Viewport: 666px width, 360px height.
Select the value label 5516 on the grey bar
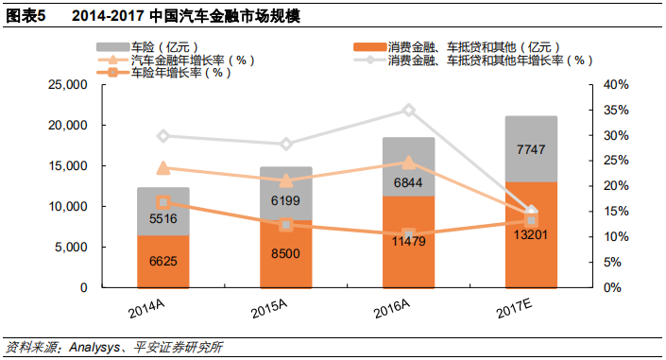click(x=163, y=218)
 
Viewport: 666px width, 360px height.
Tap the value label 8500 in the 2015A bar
click(x=286, y=253)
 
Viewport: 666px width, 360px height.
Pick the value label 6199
click(x=286, y=201)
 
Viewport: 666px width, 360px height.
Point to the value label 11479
click(x=409, y=241)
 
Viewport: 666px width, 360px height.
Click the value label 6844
click(x=409, y=181)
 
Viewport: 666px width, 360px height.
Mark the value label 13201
click(x=531, y=233)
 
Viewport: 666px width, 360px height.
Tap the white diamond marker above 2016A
click(x=409, y=110)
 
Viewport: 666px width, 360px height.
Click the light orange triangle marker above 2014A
click(x=163, y=168)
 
